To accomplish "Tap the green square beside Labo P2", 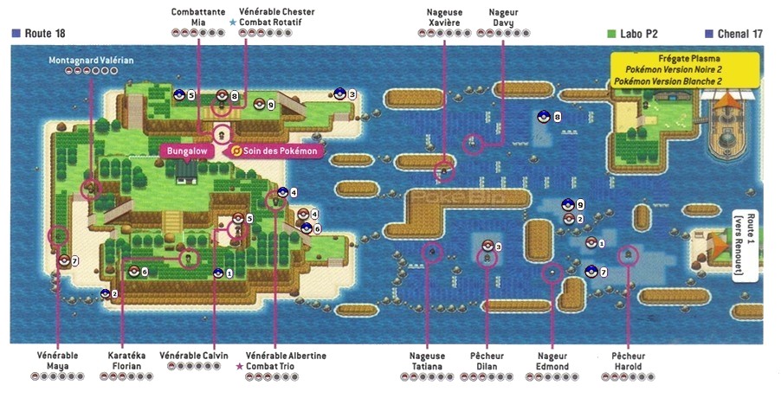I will [x=611, y=33].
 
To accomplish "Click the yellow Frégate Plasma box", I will [x=685, y=70].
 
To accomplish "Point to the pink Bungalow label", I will [x=188, y=151].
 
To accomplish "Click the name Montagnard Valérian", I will [x=90, y=60].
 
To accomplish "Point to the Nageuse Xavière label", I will [x=443, y=17].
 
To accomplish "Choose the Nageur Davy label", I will [x=504, y=17].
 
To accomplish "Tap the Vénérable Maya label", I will [x=57, y=361].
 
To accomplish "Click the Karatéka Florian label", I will [x=127, y=361].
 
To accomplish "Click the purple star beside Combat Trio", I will [x=240, y=367].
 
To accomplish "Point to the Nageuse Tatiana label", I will [x=428, y=361].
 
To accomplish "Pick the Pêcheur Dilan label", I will [x=487, y=361].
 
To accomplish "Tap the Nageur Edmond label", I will [x=552, y=361].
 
